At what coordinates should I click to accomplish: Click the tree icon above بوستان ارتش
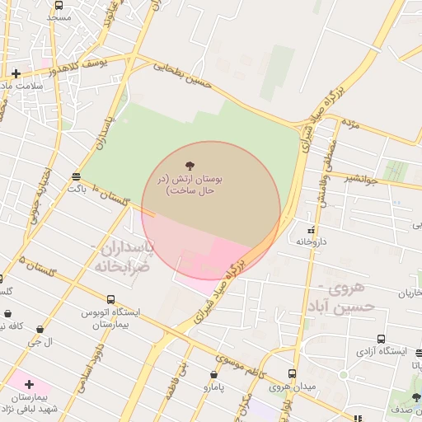pyautogui.click(x=192, y=166)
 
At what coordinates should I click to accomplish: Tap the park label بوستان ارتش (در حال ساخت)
pyautogui.click(x=191, y=184)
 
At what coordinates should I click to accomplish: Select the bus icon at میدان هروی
pyautogui.click(x=292, y=373)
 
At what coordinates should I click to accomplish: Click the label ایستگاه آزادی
pyautogui.click(x=382, y=351)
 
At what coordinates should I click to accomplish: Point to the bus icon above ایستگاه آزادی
pyautogui.click(x=382, y=339)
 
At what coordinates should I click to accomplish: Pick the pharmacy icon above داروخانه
pyautogui.click(x=311, y=230)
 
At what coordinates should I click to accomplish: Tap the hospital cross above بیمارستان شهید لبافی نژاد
pyautogui.click(x=30, y=384)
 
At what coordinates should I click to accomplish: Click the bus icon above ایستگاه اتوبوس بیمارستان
pyautogui.click(x=110, y=300)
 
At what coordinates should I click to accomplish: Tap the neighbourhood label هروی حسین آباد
pyautogui.click(x=352, y=297)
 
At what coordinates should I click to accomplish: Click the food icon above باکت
pyautogui.click(x=77, y=176)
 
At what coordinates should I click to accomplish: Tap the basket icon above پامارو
pyautogui.click(x=214, y=374)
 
